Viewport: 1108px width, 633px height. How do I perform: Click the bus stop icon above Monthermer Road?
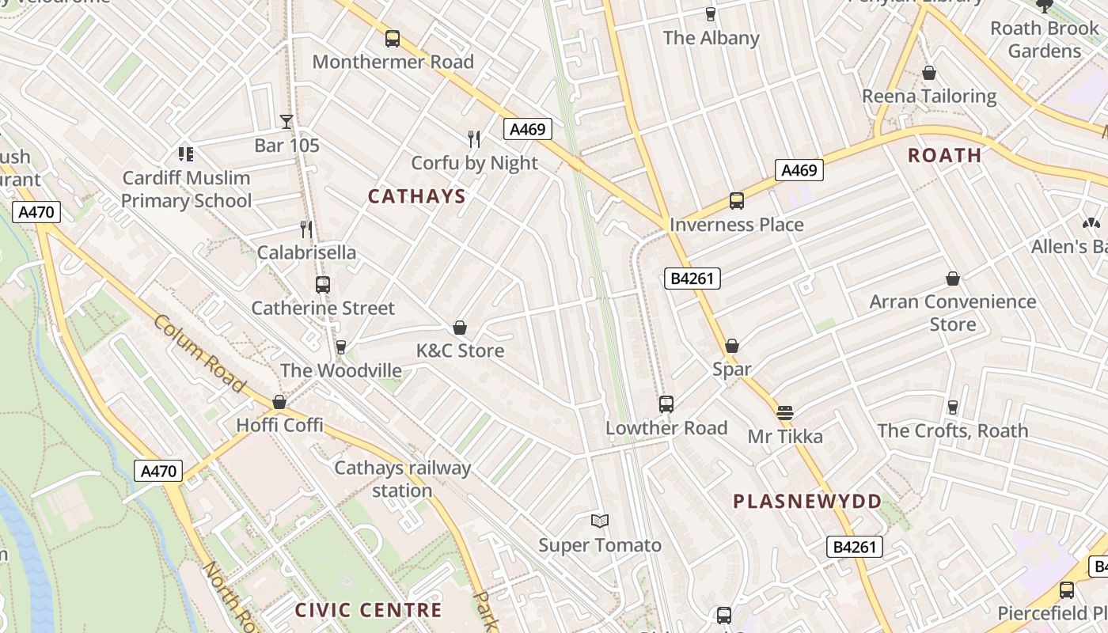click(392, 38)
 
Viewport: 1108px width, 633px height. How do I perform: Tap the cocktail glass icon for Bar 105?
click(286, 121)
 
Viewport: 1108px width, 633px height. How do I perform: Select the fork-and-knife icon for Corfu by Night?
click(474, 139)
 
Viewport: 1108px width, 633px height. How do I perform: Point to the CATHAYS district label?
click(417, 196)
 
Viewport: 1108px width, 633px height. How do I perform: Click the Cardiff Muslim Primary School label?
click(186, 189)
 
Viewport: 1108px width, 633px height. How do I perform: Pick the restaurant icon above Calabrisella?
click(306, 229)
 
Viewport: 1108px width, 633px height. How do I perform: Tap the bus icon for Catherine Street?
click(322, 285)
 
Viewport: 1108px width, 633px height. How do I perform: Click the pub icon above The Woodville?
click(341, 347)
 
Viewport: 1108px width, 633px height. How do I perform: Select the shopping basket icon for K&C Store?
click(460, 328)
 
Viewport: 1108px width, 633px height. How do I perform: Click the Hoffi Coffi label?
click(279, 425)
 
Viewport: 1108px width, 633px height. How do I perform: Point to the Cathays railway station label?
click(402, 479)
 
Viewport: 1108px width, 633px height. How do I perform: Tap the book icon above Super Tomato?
click(600, 521)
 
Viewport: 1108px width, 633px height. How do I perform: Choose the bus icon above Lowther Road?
click(666, 404)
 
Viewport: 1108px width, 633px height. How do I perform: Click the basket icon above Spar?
click(732, 346)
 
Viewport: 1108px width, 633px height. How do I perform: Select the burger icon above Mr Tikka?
click(785, 412)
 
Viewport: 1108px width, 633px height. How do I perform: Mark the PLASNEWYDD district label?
click(807, 501)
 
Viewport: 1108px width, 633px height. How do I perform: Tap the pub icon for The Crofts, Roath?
click(953, 407)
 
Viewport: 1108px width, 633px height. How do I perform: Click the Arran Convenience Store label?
click(953, 313)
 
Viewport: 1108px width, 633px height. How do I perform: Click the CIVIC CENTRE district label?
click(368, 610)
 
